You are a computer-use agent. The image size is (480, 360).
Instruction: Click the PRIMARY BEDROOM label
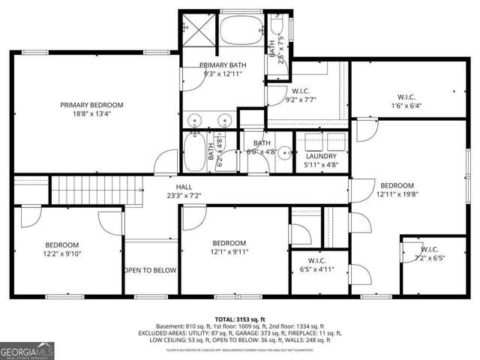coord(91,105)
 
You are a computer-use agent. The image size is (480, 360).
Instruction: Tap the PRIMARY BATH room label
coord(223,65)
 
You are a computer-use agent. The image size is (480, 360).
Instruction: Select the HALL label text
coord(183,187)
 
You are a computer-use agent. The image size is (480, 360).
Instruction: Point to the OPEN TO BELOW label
coord(151,270)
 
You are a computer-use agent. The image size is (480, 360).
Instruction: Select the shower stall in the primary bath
coord(198,30)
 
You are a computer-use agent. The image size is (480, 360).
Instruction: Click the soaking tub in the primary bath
coord(242,32)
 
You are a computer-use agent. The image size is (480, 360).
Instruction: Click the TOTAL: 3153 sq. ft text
coord(239,319)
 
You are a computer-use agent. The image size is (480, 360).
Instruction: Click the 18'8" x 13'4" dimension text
coord(91,114)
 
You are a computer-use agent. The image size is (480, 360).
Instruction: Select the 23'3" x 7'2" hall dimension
coord(183,196)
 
